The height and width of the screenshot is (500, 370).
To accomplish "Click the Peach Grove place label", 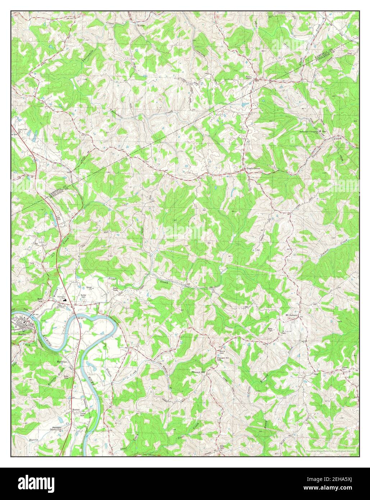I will pyautogui.click(x=253, y=168).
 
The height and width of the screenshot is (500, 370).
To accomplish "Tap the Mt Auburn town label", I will pyautogui.click(x=292, y=315).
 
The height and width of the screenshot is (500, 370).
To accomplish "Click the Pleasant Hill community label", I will pyautogui.click(x=198, y=372).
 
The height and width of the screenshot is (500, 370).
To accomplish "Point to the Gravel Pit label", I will pyautogui.click(x=89, y=288).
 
